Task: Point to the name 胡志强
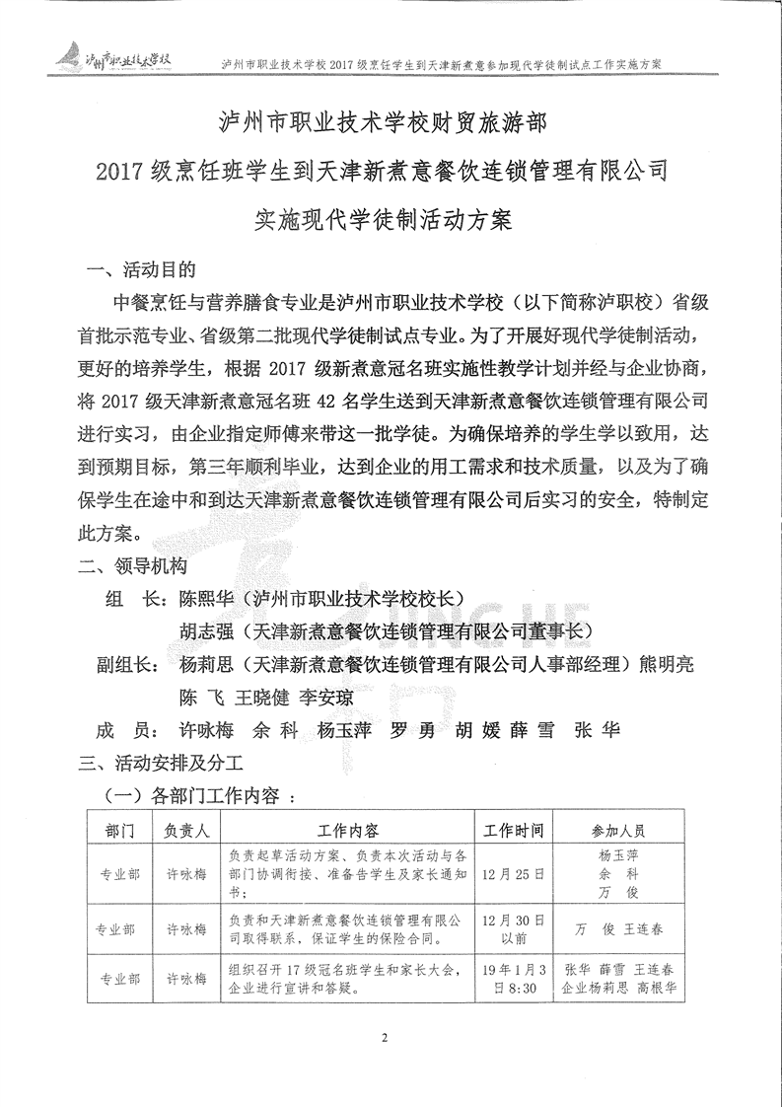(208, 631)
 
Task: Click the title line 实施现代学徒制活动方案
(383, 219)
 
